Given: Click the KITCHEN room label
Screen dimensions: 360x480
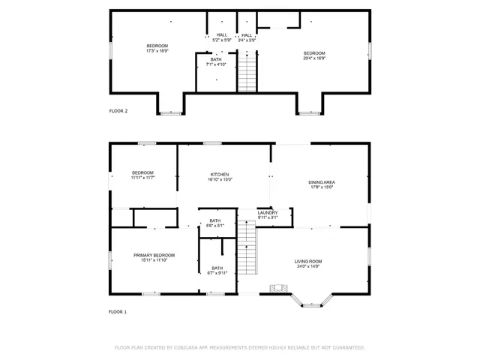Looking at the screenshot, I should click(220, 174).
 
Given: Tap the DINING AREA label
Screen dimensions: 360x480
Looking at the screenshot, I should click(321, 183).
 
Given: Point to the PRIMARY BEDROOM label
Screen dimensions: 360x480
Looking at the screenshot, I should click(154, 255).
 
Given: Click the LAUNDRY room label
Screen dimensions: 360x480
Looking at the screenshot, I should click(268, 213).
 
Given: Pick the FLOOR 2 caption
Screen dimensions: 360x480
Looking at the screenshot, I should click(118, 111).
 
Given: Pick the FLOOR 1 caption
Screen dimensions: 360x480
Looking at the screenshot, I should click(118, 311).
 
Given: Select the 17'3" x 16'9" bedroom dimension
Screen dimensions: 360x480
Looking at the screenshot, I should click(157, 51).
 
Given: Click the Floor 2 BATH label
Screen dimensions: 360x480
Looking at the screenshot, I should click(216, 59).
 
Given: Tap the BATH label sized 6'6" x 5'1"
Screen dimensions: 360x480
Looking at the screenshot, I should click(216, 220).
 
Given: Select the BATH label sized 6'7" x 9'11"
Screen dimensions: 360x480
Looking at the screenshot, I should click(217, 268).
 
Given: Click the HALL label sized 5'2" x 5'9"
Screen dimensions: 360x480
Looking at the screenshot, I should click(222, 34).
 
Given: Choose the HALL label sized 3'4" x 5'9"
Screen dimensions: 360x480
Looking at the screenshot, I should click(247, 34).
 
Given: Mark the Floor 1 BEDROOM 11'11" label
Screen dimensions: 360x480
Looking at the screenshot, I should click(142, 172).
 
